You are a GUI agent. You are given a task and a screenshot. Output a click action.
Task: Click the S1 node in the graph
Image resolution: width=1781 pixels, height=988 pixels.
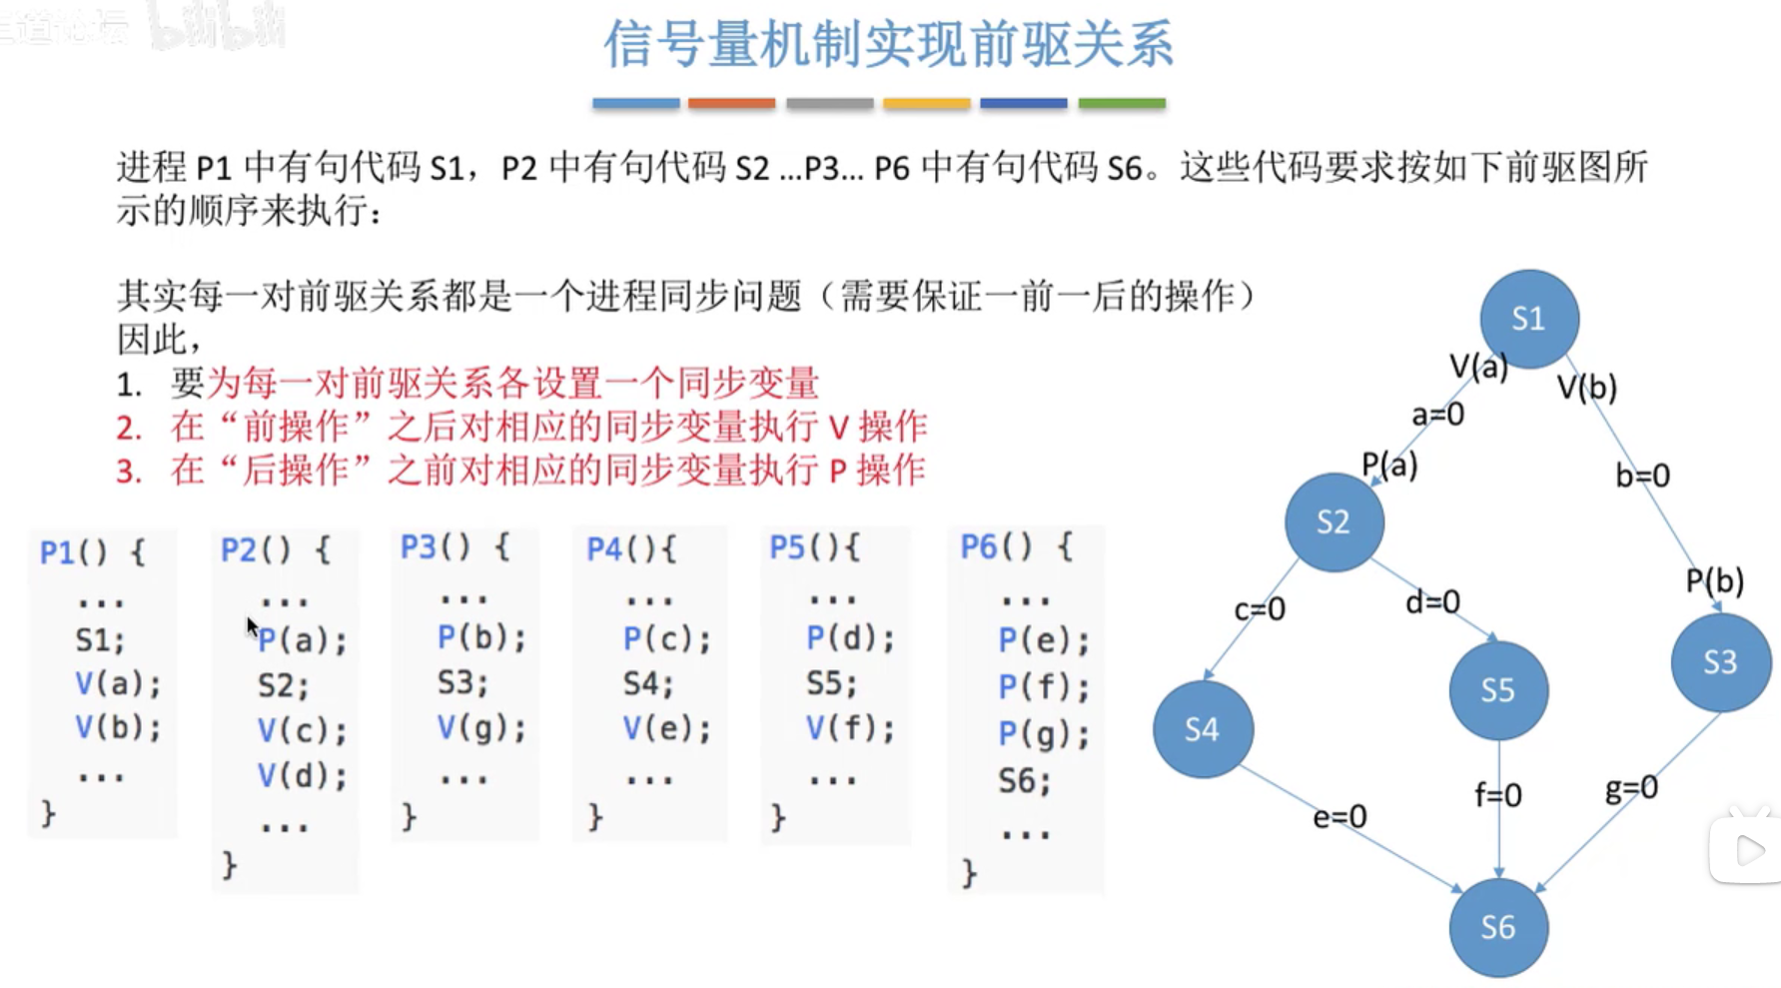pyautogui.click(x=1528, y=319)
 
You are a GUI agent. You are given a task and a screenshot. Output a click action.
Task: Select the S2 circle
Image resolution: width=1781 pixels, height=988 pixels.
pyautogui.click(x=1334, y=521)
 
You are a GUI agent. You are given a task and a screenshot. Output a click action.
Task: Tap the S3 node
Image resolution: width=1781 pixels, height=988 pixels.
pyautogui.click(x=1720, y=661)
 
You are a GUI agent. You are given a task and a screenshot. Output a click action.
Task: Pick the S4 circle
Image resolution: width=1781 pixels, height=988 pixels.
pyautogui.click(x=1202, y=729)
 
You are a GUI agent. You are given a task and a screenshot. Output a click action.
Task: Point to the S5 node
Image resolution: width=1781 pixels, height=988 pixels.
pyautogui.click(x=1497, y=690)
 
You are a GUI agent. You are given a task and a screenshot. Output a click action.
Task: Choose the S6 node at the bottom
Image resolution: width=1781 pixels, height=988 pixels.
pyautogui.click(x=1497, y=927)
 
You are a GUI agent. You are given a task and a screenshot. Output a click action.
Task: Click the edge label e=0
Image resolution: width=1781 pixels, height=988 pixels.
pyautogui.click(x=1339, y=817)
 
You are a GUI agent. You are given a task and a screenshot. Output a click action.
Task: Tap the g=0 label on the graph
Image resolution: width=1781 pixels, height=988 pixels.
pyautogui.click(x=1631, y=789)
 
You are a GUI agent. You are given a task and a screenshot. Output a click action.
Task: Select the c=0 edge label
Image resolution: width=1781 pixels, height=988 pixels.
pyautogui.click(x=1260, y=608)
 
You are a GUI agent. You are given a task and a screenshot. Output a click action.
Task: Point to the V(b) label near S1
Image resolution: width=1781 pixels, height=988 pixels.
pyautogui.click(x=1586, y=388)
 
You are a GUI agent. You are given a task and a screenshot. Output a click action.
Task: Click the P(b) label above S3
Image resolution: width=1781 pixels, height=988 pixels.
pyautogui.click(x=1714, y=580)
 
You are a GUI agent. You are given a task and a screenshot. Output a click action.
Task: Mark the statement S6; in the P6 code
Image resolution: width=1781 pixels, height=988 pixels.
pyautogui.click(x=1024, y=780)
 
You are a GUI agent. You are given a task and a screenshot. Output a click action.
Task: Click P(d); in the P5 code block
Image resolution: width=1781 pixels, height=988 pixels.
pyautogui.click(x=850, y=637)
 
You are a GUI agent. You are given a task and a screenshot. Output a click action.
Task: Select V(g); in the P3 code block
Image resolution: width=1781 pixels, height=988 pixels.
pyautogui.click(x=480, y=728)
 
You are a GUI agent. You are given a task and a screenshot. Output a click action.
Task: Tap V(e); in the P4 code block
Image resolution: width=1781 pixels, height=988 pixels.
pyautogui.click(x=666, y=728)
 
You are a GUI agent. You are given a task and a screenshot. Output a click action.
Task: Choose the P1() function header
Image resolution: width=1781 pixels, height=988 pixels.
pyautogui.click(x=92, y=551)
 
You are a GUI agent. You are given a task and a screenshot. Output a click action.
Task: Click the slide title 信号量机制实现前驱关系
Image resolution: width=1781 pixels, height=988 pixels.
pyautogui.click(x=888, y=45)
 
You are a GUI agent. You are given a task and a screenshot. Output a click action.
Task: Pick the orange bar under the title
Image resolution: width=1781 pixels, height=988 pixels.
pyautogui.click(x=731, y=103)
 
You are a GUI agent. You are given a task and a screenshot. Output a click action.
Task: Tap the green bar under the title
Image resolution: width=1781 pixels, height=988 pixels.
pyautogui.click(x=1121, y=103)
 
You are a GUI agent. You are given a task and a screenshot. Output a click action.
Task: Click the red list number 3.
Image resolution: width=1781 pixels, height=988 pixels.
pyautogui.click(x=129, y=471)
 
